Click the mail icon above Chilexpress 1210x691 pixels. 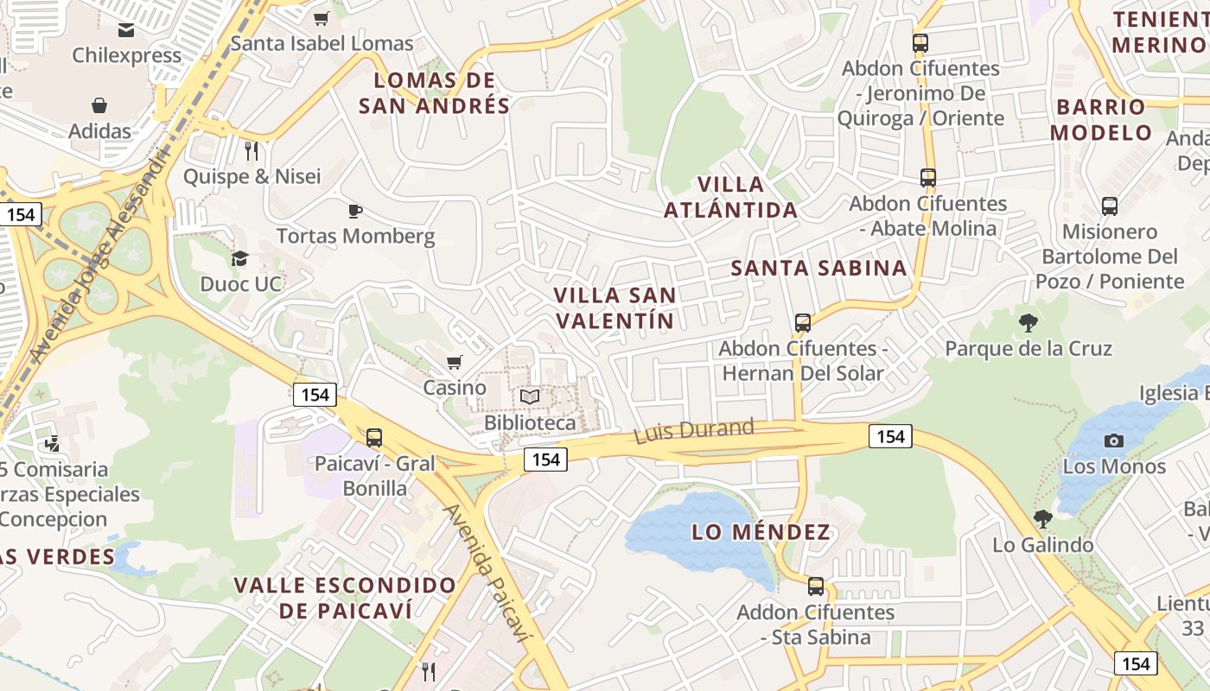[126, 30]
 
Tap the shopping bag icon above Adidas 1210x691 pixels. [99, 105]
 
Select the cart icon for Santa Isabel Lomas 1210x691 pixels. [322, 18]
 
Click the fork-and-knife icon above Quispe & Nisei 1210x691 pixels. [252, 151]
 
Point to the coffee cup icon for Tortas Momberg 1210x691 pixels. [354, 210]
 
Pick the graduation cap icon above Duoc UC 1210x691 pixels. [239, 258]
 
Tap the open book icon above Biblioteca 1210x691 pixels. [529, 396]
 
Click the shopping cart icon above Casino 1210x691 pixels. [454, 362]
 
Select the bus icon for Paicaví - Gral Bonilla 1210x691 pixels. [373, 437]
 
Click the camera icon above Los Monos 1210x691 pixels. [1114, 441]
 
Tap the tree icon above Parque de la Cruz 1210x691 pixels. [1028, 323]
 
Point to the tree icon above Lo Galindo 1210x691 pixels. [1042, 519]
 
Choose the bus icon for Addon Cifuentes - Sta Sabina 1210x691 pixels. [815, 586]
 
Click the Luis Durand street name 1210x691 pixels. [694, 430]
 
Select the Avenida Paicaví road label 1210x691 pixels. [486, 572]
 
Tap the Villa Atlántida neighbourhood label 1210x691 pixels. [731, 197]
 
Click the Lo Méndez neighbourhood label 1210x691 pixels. [761, 532]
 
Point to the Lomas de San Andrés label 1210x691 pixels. [434, 93]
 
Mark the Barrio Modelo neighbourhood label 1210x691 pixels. [1101, 120]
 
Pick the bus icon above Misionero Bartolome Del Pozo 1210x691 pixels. [1110, 206]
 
